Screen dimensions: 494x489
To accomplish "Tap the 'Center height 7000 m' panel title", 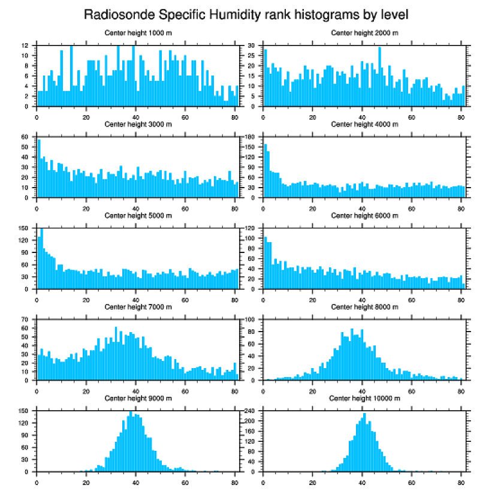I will coord(138,307).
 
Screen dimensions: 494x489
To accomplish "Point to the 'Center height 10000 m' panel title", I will coord(364,398).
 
